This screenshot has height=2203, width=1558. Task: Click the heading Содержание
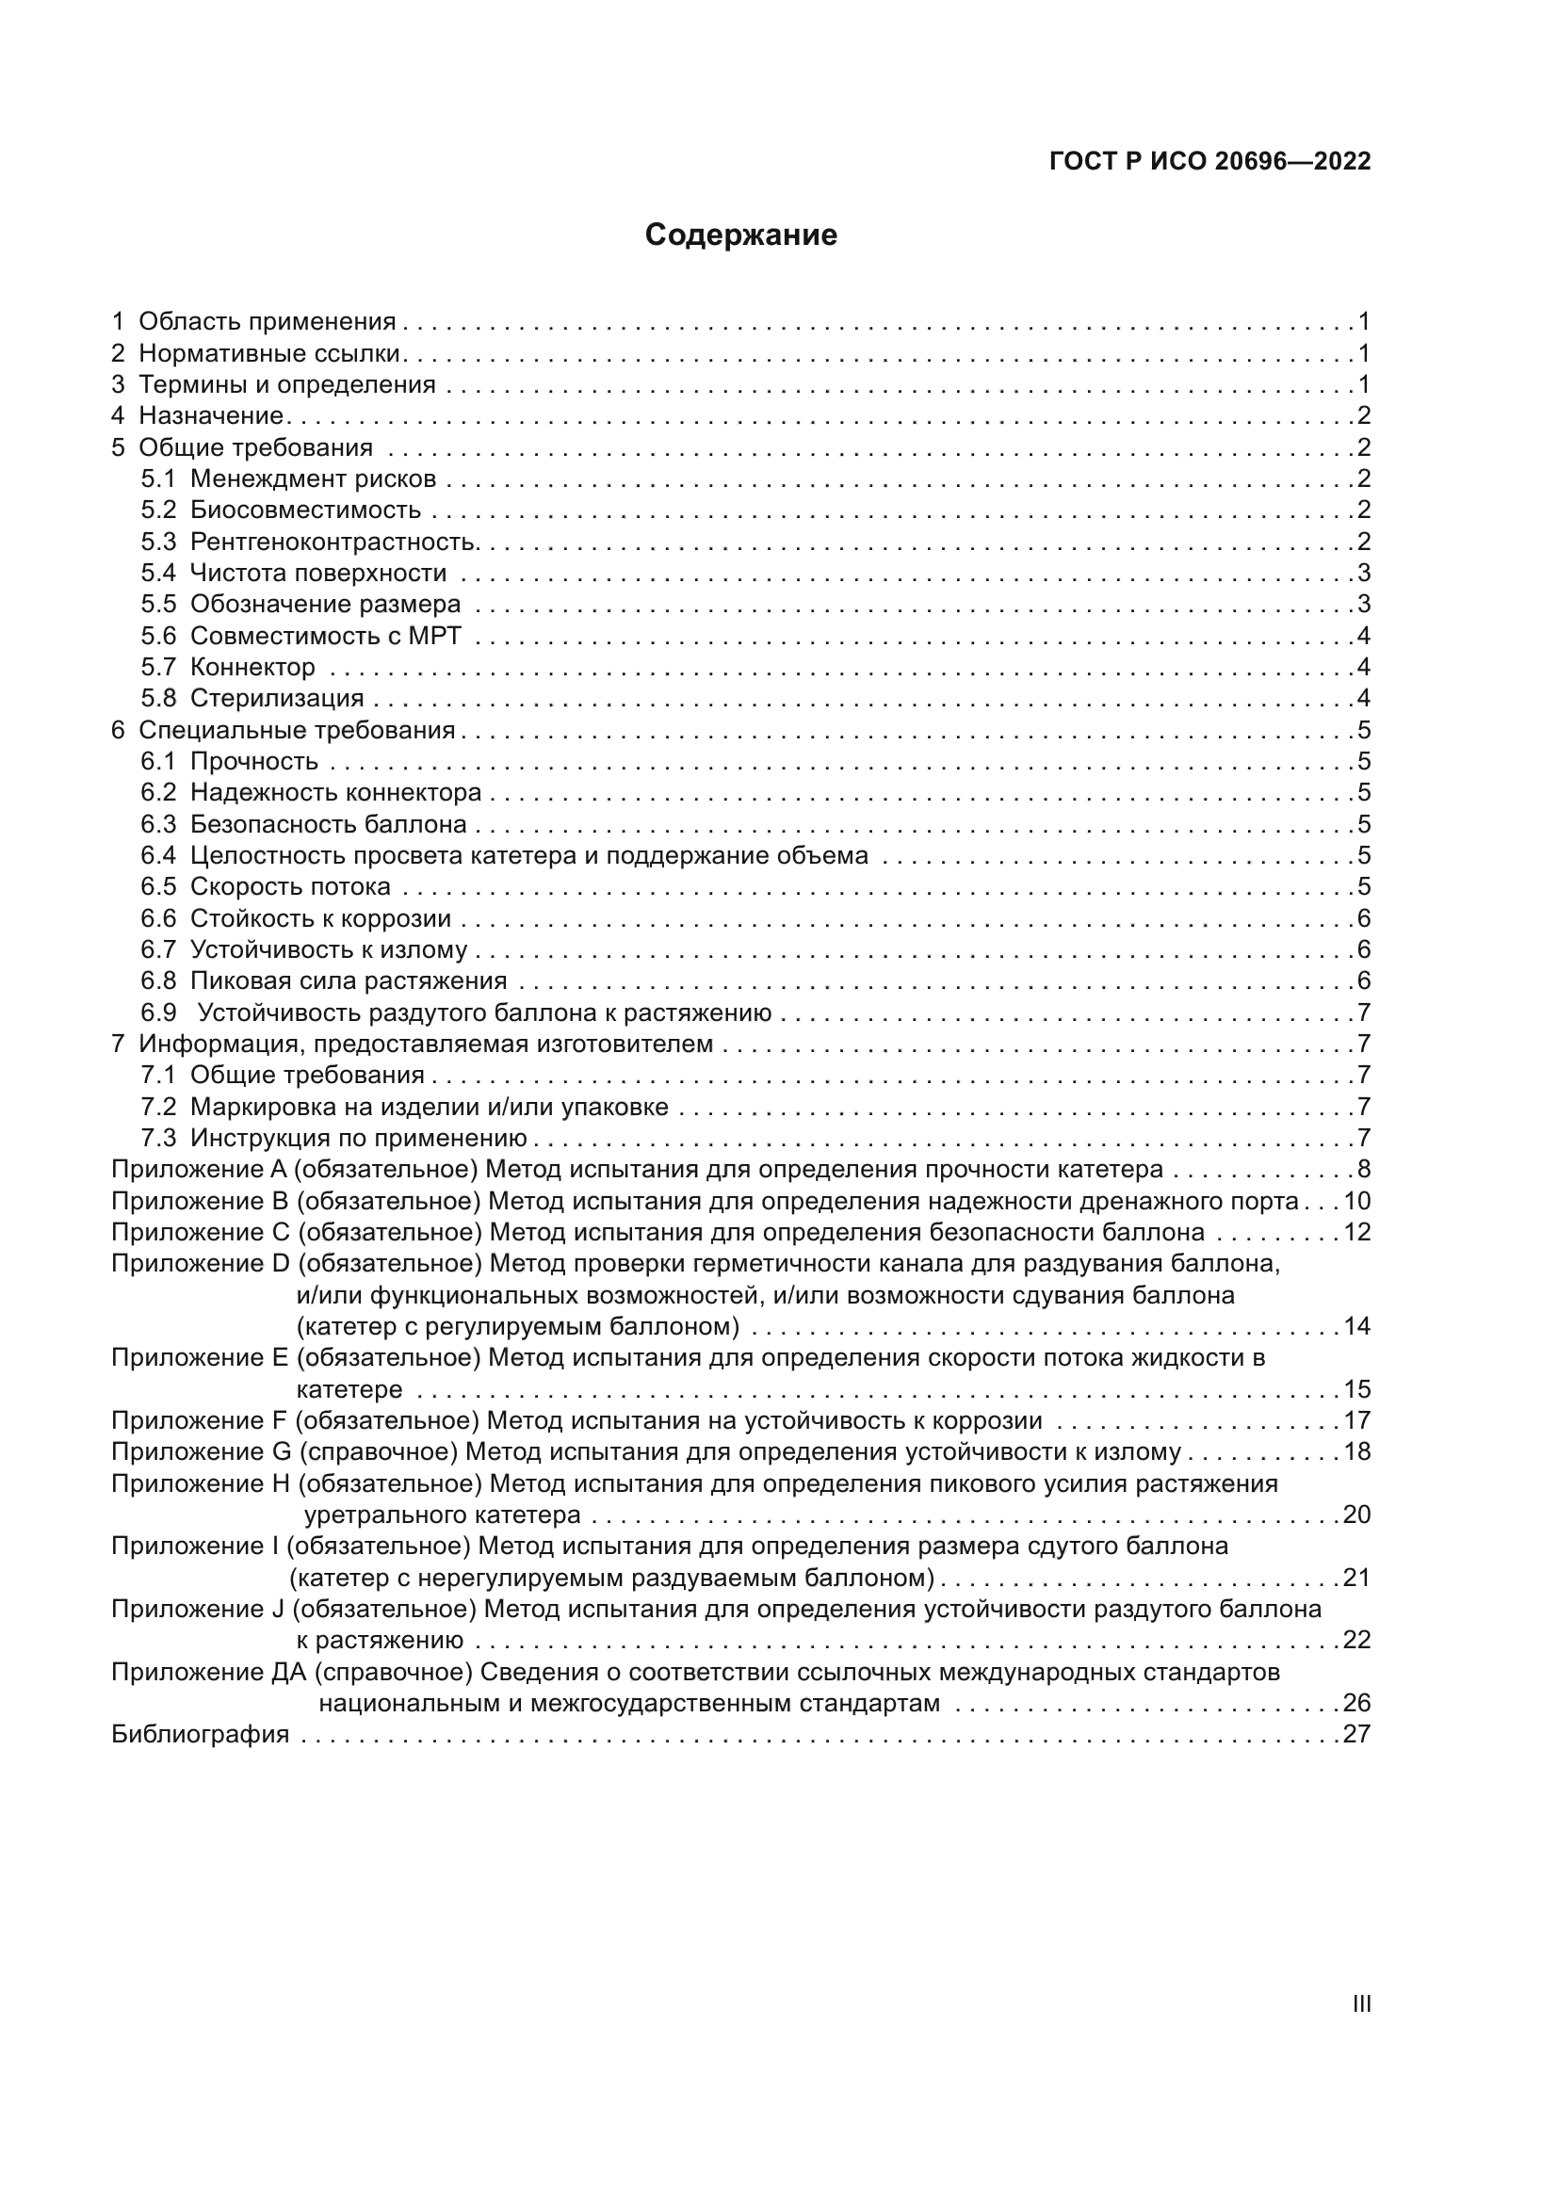[x=740, y=235]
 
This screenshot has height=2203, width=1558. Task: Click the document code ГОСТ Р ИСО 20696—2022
[x=1209, y=161]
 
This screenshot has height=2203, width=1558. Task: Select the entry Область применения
[x=267, y=321]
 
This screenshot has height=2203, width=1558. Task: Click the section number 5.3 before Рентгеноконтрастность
[x=158, y=543]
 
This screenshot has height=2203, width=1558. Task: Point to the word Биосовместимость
[x=305, y=510]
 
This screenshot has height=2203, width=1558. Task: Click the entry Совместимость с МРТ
[x=325, y=636]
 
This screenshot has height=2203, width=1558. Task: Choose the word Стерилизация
[x=276, y=699]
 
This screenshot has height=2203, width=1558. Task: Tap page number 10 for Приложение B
[x=1356, y=1201]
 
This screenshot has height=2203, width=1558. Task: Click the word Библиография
[x=200, y=1735]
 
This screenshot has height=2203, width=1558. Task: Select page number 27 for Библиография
[x=1356, y=1735]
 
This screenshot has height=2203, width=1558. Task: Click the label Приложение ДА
[x=208, y=1673]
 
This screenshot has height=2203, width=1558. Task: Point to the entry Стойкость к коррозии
[x=320, y=919]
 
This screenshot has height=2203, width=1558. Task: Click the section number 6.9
[x=158, y=1013]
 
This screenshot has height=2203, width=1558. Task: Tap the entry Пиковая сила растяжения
[x=349, y=981]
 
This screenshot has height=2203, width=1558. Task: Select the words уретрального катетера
[x=443, y=1515]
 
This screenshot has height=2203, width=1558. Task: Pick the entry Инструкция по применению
[x=359, y=1139]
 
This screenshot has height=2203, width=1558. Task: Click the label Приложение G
[x=201, y=1451]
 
